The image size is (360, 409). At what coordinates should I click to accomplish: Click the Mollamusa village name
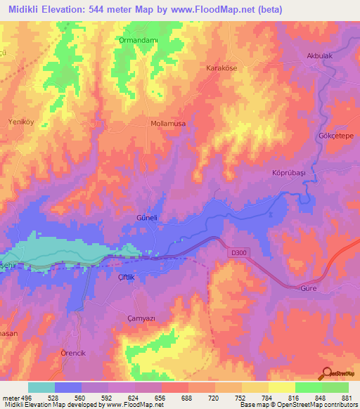click(168, 123)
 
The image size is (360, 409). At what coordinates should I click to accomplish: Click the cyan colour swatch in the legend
click(41, 387)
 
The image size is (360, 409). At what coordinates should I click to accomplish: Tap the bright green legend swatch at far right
click(335, 387)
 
